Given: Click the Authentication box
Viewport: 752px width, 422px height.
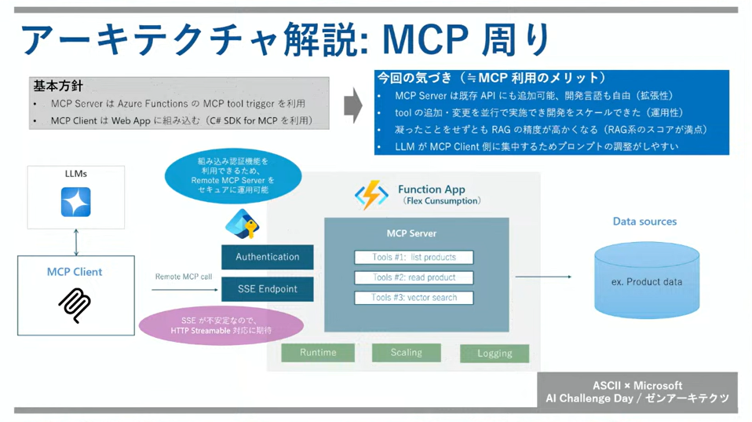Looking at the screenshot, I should click(x=267, y=257).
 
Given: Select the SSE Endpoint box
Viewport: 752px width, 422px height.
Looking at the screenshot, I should click(x=267, y=288).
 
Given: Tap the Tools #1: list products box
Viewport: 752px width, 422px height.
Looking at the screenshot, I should click(x=414, y=257).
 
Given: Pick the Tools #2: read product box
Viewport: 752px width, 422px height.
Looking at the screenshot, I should click(x=414, y=277).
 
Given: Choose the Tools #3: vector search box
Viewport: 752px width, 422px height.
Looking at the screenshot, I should click(x=414, y=298).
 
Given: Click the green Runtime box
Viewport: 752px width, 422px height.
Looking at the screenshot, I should click(x=317, y=353).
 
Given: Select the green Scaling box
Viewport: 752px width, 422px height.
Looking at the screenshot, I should click(x=406, y=353).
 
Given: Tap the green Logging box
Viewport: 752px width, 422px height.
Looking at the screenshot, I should click(x=494, y=354).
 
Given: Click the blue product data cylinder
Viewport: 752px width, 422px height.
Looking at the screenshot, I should click(x=646, y=281).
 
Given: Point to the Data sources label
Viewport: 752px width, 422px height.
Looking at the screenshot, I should click(x=644, y=222).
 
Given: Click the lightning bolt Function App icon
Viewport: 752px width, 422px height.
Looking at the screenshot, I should click(x=371, y=195).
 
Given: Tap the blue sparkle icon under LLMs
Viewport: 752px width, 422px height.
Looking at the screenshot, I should click(x=76, y=202).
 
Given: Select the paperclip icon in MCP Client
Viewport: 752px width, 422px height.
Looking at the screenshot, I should click(x=75, y=305).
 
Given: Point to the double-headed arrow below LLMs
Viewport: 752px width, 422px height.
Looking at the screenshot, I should click(x=76, y=242).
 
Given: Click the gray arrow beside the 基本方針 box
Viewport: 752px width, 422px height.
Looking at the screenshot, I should click(x=353, y=105).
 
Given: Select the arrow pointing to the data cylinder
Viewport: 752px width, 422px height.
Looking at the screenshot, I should click(x=554, y=277).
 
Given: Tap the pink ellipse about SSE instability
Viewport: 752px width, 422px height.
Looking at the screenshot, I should click(x=221, y=325).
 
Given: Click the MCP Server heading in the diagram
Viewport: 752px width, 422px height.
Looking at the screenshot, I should click(x=411, y=233).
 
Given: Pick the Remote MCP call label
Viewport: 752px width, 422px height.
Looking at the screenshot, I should click(x=184, y=277).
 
